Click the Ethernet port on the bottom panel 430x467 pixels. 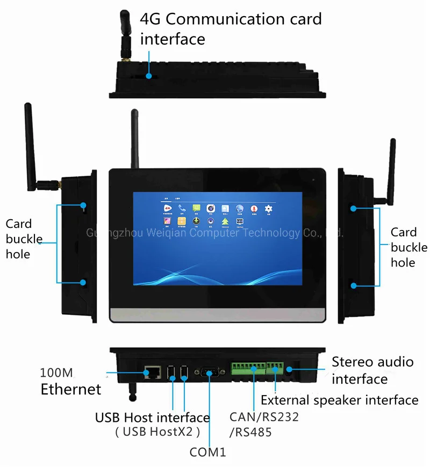(x=150, y=371)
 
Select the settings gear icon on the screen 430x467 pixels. (x=268, y=208)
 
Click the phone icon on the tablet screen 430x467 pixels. (x=182, y=208)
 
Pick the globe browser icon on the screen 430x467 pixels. (x=239, y=208)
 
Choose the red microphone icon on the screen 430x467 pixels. (x=254, y=208)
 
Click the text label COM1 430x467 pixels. (x=207, y=452)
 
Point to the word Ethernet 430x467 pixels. (x=70, y=389)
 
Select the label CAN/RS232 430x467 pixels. (x=263, y=416)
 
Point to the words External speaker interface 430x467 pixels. (x=339, y=400)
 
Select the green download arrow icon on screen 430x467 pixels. (x=197, y=221)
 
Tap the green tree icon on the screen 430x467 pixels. (x=225, y=221)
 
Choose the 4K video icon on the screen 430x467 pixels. (x=168, y=208)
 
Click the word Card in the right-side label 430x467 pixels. (x=403, y=232)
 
